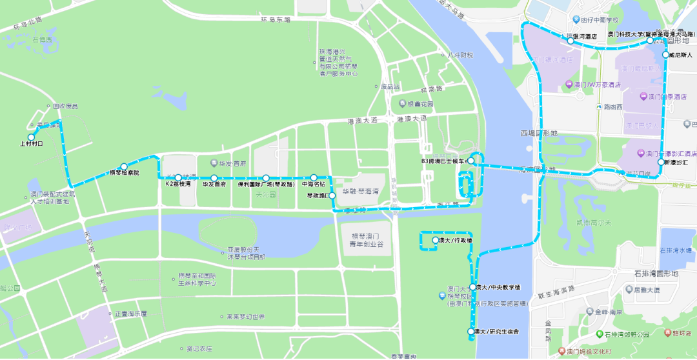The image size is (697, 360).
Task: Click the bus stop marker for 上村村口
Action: tap(30, 137)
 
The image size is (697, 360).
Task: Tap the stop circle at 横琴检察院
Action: tap(124, 167)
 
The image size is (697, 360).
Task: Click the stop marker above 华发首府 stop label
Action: tap(213, 177)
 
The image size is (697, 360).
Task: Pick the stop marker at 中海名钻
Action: tap(314, 177)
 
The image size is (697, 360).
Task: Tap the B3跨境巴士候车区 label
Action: tap(443, 161)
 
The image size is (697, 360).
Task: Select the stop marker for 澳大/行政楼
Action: tap(435, 240)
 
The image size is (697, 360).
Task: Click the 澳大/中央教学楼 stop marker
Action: tap(473, 287)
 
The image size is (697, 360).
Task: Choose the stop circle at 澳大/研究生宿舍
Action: tap(470, 332)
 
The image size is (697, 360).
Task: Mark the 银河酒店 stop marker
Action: tap(571, 40)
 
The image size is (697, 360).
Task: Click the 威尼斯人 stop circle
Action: tap(665, 55)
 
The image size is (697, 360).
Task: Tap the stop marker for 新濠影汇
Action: tap(660, 163)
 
